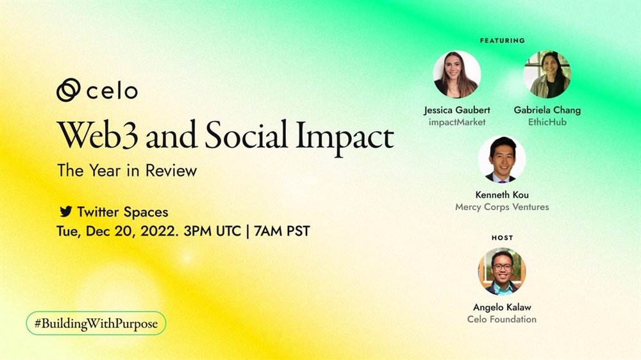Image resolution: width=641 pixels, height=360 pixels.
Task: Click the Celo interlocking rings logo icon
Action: [x=69, y=90]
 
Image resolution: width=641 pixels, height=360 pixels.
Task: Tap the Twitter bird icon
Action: [x=66, y=211]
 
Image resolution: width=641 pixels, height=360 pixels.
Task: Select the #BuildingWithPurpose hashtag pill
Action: [x=96, y=323]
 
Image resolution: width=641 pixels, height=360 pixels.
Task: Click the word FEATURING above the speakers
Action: [x=503, y=40]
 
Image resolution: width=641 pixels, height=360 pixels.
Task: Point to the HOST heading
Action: [x=503, y=238]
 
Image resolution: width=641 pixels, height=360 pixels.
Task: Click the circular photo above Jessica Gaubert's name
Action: [x=457, y=74]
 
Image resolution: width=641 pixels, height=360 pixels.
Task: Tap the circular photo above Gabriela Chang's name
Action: [x=547, y=74]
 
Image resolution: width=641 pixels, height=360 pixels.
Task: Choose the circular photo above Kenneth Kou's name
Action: [x=502, y=160]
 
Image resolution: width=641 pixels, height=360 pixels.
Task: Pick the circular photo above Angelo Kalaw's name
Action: [x=502, y=272]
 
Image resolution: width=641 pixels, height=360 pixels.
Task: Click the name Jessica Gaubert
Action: [x=457, y=110]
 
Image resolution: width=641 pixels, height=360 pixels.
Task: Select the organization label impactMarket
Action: [x=457, y=122]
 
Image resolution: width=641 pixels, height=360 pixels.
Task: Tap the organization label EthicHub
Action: [x=547, y=122]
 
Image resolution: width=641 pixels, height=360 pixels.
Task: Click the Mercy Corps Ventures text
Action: [x=502, y=207]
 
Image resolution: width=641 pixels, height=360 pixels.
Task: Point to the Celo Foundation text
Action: [x=502, y=319]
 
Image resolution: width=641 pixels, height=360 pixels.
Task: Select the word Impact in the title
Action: [x=345, y=137]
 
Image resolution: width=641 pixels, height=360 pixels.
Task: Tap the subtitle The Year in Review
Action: [x=127, y=170]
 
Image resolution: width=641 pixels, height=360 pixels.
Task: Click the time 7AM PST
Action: [x=282, y=231]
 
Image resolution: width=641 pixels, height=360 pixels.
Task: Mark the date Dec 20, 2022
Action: [x=133, y=232]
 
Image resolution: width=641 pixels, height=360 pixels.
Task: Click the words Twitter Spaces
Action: [x=122, y=212]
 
